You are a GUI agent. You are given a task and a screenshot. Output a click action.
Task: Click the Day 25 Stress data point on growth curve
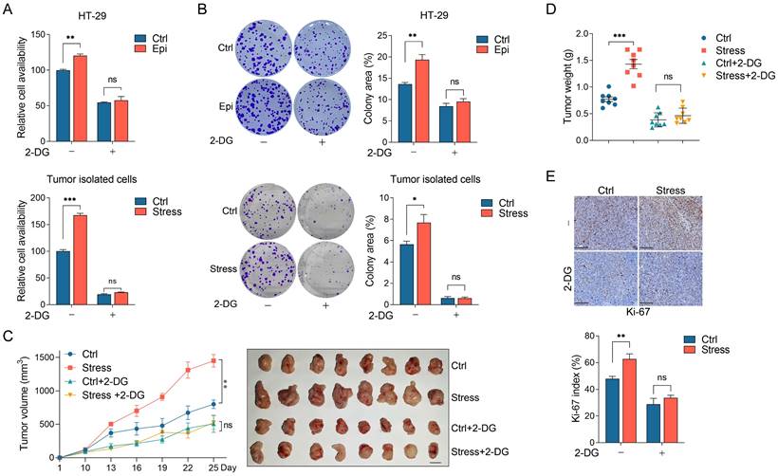coord(213,360)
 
